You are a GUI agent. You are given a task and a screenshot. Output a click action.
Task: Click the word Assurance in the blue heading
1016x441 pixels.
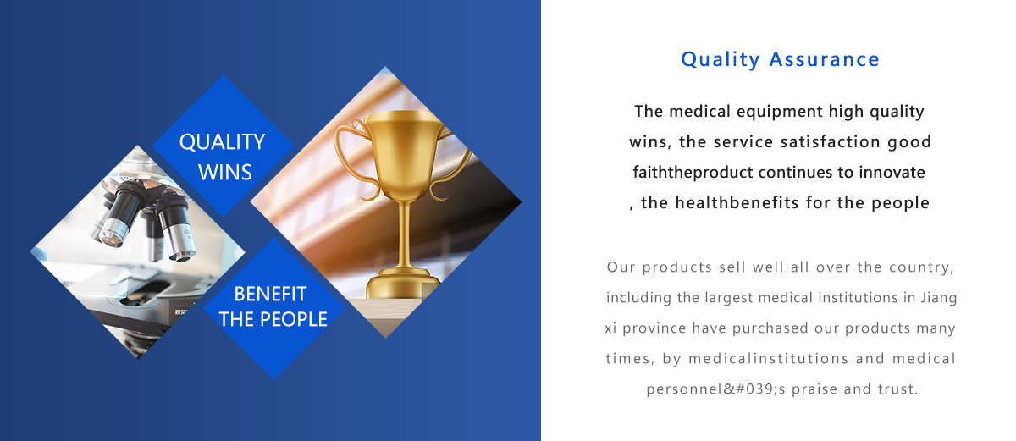click(824, 59)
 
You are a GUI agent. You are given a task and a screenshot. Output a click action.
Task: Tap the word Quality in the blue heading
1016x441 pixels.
click(721, 60)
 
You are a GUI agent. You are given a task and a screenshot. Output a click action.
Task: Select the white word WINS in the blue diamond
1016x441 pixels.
click(225, 172)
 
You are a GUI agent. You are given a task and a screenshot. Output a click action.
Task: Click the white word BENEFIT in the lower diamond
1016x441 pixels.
click(270, 295)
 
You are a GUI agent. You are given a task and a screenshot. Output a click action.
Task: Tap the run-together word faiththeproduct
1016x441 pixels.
click(693, 173)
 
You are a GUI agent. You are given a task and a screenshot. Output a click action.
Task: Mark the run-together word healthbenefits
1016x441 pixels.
click(737, 202)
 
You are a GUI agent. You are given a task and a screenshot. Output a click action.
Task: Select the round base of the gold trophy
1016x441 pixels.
click(403, 284)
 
